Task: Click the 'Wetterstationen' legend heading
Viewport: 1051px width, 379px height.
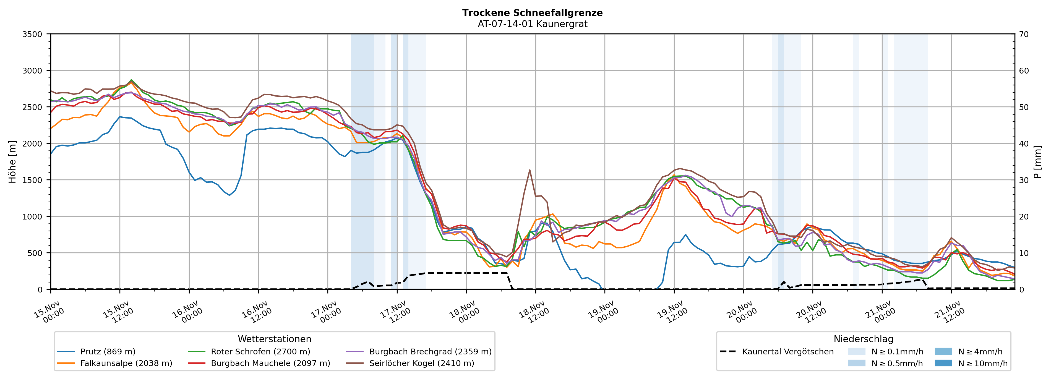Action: click(x=274, y=339)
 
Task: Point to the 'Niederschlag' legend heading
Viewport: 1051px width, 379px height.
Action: click(x=863, y=339)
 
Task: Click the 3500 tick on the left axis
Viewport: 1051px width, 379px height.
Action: click(x=32, y=34)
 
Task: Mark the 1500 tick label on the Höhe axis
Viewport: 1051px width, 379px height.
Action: click(x=32, y=180)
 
